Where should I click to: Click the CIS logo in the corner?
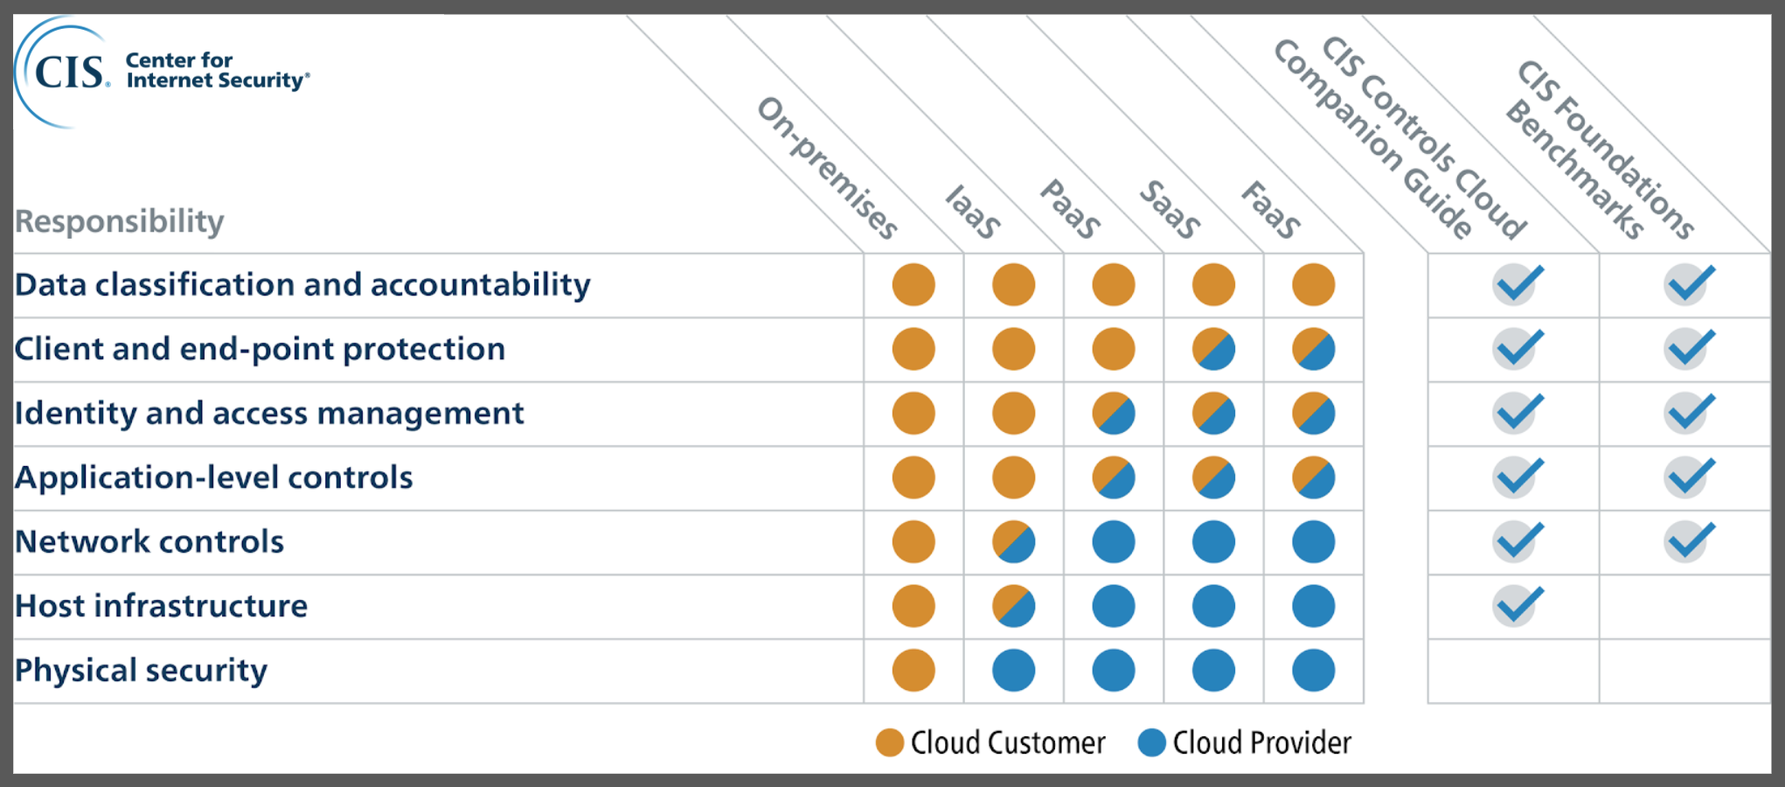click(x=162, y=72)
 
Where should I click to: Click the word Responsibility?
click(x=120, y=221)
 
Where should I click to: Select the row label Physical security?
click(x=141, y=671)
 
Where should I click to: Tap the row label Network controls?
click(x=149, y=542)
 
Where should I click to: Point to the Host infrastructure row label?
click(x=162, y=606)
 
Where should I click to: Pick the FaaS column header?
click(x=1271, y=210)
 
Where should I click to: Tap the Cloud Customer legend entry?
click(x=990, y=743)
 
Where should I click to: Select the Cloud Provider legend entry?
click(x=1245, y=743)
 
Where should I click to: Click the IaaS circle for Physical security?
click(x=1014, y=671)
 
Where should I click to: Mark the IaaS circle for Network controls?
click(x=1014, y=542)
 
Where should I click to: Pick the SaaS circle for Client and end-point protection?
click(x=1213, y=349)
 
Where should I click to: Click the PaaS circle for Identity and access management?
click(x=1114, y=414)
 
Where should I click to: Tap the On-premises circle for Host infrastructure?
click(x=913, y=606)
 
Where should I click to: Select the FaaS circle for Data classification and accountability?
click(x=1314, y=285)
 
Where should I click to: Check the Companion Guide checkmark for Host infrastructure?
click(x=1518, y=606)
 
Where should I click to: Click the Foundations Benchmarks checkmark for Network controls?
click(x=1690, y=542)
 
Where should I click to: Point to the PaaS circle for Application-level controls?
click(x=1114, y=477)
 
